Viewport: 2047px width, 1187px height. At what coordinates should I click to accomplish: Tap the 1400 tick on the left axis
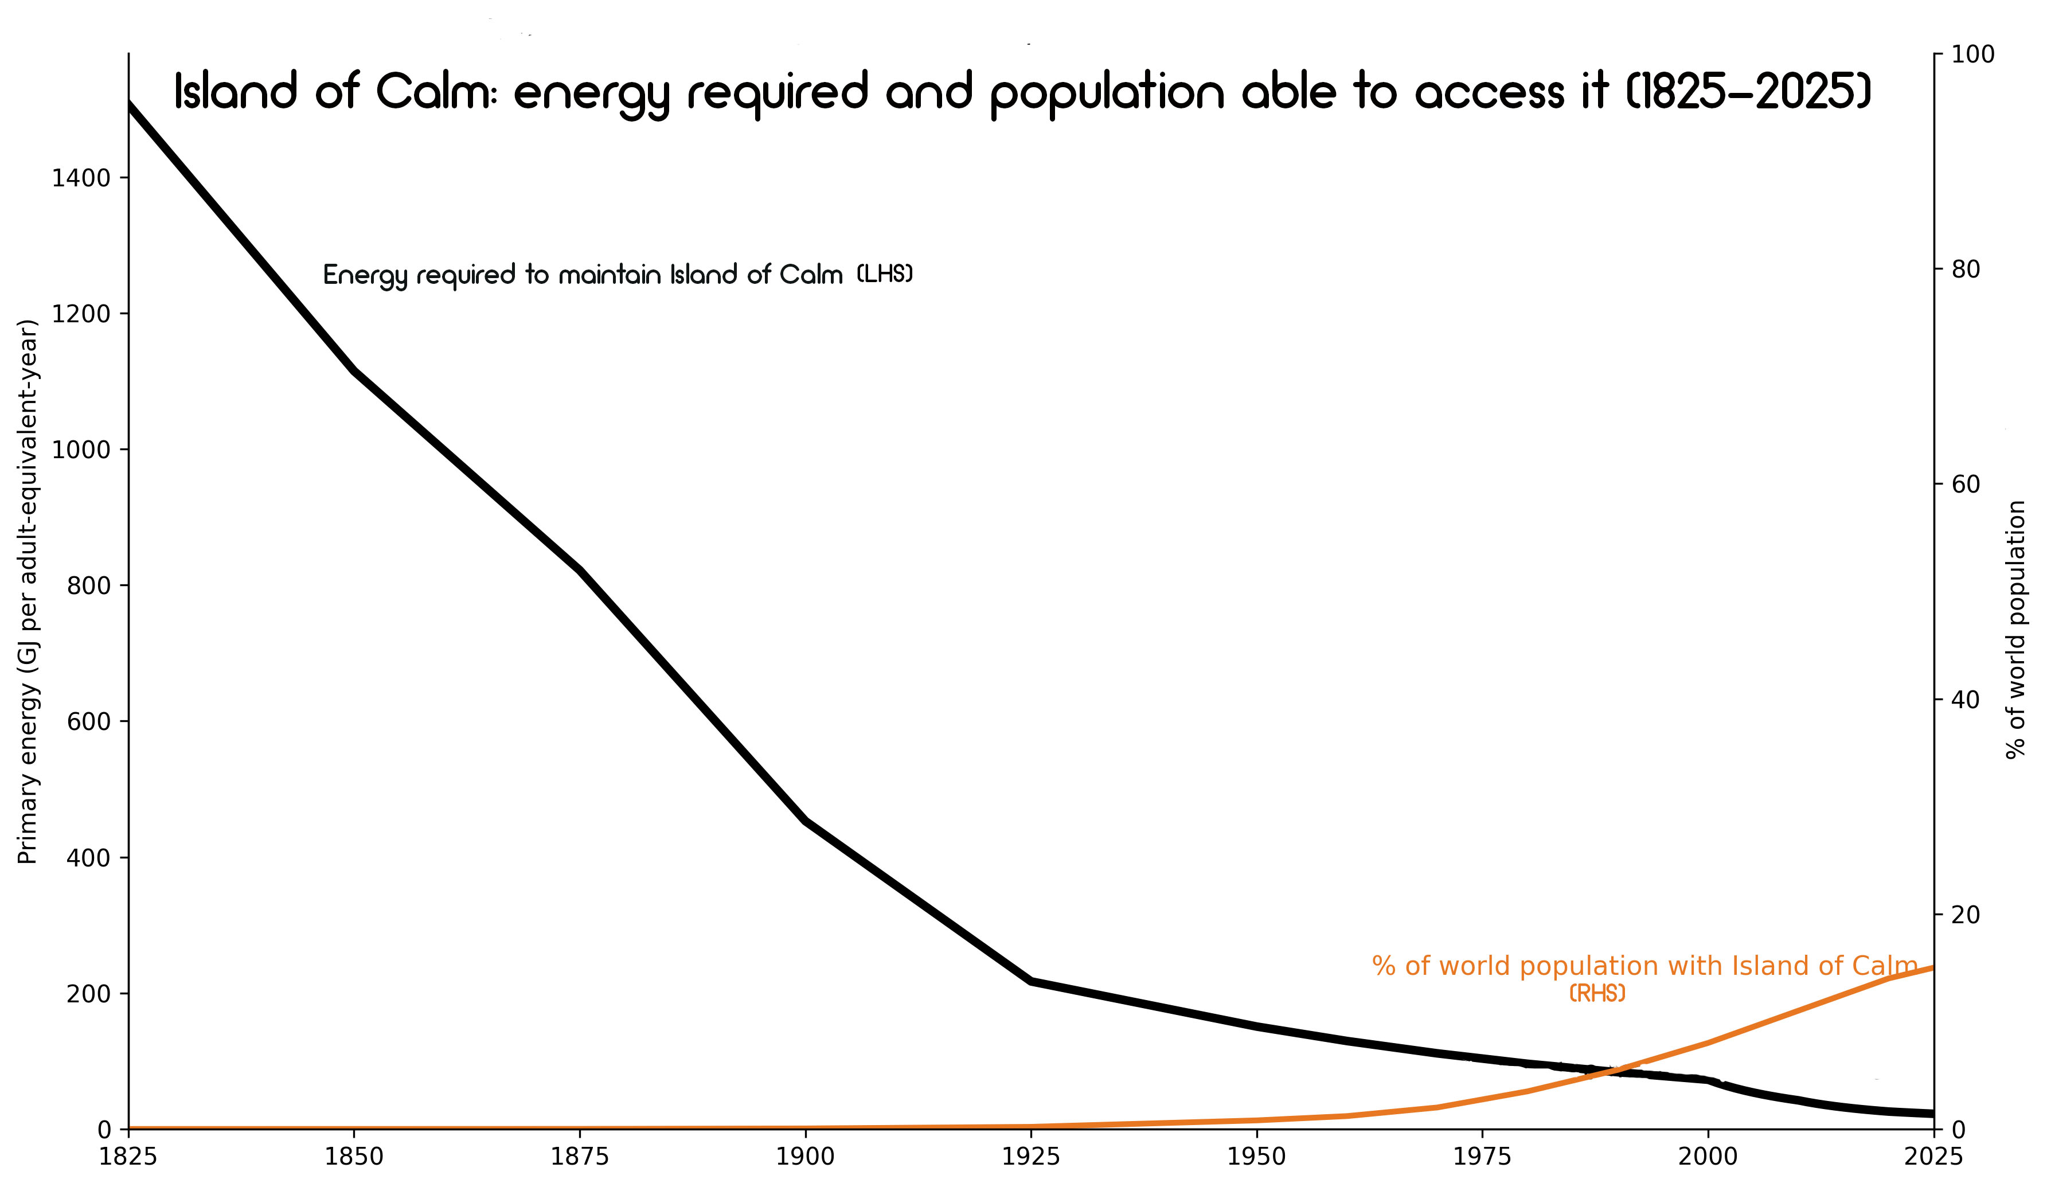click(x=81, y=178)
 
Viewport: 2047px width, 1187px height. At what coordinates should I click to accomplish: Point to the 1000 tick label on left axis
click(x=81, y=450)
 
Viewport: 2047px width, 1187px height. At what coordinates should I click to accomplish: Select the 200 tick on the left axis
click(x=88, y=994)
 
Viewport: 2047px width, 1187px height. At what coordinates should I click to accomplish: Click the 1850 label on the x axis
click(x=353, y=1157)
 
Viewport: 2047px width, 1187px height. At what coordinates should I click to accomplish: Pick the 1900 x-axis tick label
click(x=805, y=1157)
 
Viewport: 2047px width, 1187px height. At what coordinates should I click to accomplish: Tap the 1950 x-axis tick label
click(x=1257, y=1157)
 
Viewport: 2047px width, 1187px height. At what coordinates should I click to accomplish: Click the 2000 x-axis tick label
click(x=1708, y=1157)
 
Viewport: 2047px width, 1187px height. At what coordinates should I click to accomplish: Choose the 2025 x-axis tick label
click(x=1933, y=1157)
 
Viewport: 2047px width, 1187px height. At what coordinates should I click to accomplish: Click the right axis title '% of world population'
click(x=2015, y=630)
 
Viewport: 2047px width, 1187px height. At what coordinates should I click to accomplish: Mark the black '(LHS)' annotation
click(x=885, y=275)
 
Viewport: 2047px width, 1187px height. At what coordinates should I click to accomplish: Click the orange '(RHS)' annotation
click(x=1597, y=994)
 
